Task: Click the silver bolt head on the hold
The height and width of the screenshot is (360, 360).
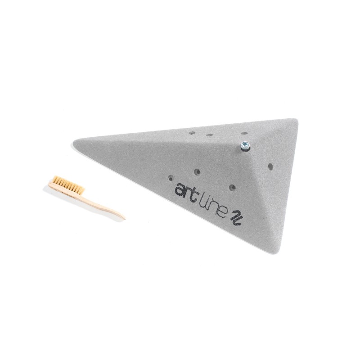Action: (x=244, y=145)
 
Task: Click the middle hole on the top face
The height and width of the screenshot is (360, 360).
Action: (x=209, y=135)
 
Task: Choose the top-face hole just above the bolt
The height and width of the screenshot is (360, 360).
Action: (x=243, y=133)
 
